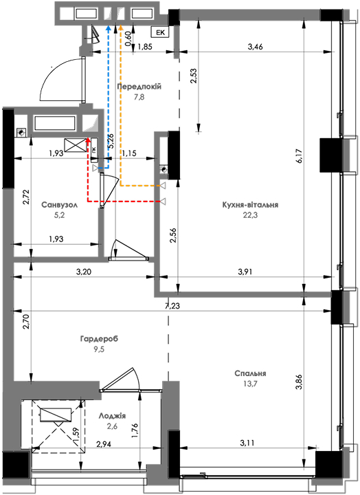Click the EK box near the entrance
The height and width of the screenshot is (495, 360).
(161, 32)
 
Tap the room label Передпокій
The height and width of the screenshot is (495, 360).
(139, 87)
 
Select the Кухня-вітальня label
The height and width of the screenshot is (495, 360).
(250, 205)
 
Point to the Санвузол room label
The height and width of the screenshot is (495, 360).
(60, 205)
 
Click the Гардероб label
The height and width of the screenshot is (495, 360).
(100, 339)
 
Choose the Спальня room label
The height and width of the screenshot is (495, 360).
(250, 373)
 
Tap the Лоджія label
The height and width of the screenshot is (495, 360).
(112, 416)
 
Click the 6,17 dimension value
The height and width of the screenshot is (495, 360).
(299, 155)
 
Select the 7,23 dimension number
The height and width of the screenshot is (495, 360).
(172, 306)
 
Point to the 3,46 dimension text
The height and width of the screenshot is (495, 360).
(256, 47)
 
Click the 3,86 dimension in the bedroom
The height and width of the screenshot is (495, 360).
(299, 382)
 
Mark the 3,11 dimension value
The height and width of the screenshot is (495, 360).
(247, 443)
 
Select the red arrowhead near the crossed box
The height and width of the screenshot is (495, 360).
(88, 140)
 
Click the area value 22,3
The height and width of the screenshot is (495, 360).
(250, 216)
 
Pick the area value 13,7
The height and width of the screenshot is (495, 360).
(250, 384)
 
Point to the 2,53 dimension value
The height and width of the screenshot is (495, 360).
(194, 76)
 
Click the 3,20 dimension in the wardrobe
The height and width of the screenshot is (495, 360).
(84, 272)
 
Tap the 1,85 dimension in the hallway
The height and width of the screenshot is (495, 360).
(145, 47)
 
